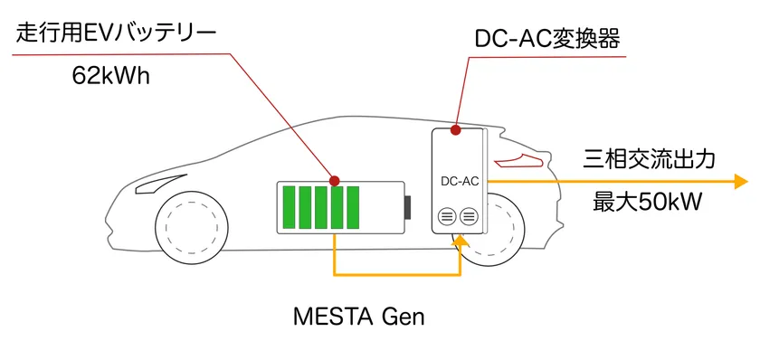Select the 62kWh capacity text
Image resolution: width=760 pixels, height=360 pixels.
(x=109, y=77)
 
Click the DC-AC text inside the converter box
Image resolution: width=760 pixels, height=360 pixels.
(x=459, y=181)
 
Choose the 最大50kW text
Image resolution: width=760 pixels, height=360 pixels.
(x=647, y=202)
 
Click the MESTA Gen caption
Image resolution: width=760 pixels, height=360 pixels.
(x=359, y=317)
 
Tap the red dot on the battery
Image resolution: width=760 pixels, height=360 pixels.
(x=335, y=180)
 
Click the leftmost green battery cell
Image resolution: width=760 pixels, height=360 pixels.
(x=290, y=207)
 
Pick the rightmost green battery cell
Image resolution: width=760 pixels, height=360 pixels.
(x=352, y=207)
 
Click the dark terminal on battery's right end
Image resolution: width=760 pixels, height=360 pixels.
(x=408, y=207)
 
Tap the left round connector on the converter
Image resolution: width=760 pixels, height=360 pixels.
(x=446, y=216)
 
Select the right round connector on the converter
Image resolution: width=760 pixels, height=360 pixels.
(x=468, y=216)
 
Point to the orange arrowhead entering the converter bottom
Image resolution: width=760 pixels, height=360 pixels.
(x=461, y=241)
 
